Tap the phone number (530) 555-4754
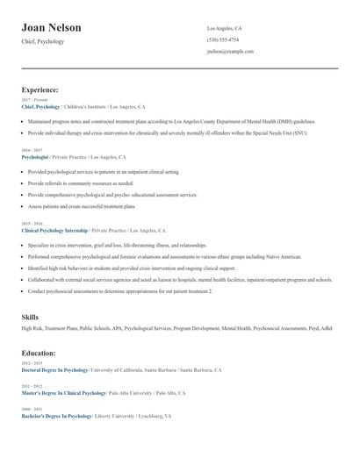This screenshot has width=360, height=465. (x=222, y=39)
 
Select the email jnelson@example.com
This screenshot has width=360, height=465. (x=230, y=51)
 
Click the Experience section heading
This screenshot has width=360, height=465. (x=40, y=89)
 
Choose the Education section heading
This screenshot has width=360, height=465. (x=39, y=353)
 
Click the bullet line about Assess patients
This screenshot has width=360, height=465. (x=83, y=205)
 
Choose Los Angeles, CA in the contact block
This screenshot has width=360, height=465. (x=224, y=28)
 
